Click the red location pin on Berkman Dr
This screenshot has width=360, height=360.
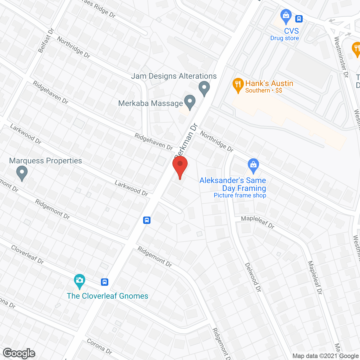(x=180, y=166)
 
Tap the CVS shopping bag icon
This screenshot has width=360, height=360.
(x=286, y=16)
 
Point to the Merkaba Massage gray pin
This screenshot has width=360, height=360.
(x=190, y=102)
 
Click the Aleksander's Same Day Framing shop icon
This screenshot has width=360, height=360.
(x=253, y=165)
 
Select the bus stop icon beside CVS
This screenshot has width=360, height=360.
(x=299, y=19)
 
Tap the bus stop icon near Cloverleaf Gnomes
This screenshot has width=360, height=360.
(x=105, y=282)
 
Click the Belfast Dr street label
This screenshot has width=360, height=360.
(x=46, y=40)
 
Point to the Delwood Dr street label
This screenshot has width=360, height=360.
(x=253, y=277)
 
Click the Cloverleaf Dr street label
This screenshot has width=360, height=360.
(x=27, y=255)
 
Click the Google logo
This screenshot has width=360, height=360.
(x=19, y=353)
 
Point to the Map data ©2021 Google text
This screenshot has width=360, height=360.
(x=325, y=356)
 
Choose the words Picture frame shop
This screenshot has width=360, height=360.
(x=240, y=195)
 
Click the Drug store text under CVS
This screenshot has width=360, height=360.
(x=284, y=38)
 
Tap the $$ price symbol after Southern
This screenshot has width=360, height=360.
(x=279, y=91)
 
